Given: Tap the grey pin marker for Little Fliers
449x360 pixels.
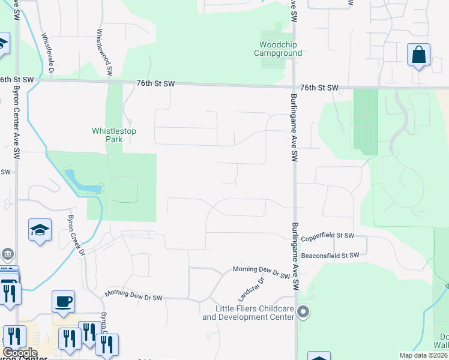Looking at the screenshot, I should pyautogui.click(x=304, y=311).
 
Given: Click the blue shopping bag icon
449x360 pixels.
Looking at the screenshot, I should pyautogui.click(x=418, y=55).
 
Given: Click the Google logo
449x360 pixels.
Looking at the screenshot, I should pyautogui.click(x=20, y=353).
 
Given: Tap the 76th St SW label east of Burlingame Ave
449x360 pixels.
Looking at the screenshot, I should pyautogui.click(x=319, y=88).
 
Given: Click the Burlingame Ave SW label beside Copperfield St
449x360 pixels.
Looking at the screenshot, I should pyautogui.click(x=294, y=249).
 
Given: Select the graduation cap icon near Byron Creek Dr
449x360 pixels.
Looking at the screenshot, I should pyautogui.click(x=40, y=230).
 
